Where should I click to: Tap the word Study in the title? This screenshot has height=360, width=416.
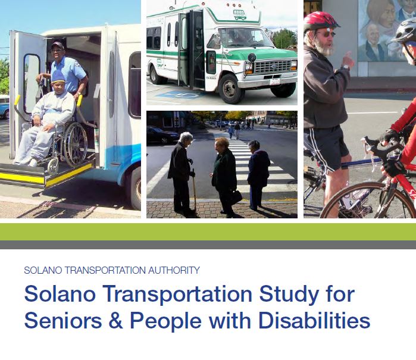(x=289, y=295)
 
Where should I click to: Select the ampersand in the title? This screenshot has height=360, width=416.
(x=115, y=321)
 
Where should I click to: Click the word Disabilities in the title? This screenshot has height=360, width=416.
(x=314, y=320)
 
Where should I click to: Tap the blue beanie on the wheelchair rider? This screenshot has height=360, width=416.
(x=58, y=77)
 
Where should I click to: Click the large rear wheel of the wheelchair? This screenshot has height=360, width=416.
(x=76, y=145)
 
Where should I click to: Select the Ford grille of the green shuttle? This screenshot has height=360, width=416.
(x=273, y=67)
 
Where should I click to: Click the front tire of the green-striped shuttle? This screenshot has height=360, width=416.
(x=230, y=89)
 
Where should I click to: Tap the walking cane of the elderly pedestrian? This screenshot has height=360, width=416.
(x=194, y=188)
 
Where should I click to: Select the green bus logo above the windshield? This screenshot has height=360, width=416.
(x=240, y=15)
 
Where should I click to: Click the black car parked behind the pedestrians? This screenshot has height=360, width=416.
(x=162, y=135)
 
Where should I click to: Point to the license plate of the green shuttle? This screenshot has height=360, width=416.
(x=274, y=82)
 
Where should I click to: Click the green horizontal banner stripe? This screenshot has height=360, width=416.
(x=208, y=231)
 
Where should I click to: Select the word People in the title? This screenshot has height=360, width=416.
(x=165, y=321)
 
